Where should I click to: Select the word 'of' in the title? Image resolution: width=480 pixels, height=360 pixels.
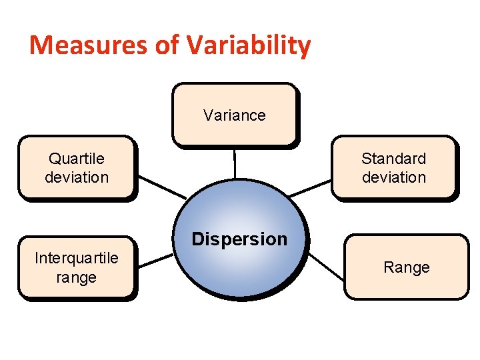pyautogui.click(x=168, y=45)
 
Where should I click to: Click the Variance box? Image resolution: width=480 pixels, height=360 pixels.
pyautogui.click(x=234, y=114)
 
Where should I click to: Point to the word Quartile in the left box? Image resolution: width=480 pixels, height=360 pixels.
pyautogui.click(x=77, y=159)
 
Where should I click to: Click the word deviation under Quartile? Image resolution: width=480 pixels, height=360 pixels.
pyautogui.click(x=77, y=177)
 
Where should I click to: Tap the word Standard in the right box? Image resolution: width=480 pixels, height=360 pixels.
pyautogui.click(x=393, y=159)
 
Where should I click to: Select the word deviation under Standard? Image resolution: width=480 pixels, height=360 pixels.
pyautogui.click(x=393, y=177)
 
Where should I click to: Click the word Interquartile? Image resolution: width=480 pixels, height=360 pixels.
pyautogui.click(x=77, y=258)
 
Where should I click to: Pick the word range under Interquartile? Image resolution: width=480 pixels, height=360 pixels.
pyautogui.click(x=77, y=277)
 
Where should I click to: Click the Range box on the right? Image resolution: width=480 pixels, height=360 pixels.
pyautogui.click(x=406, y=267)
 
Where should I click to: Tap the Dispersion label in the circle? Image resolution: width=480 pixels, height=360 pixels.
pyautogui.click(x=239, y=239)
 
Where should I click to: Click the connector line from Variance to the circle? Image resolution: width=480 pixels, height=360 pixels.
pyautogui.click(x=235, y=163)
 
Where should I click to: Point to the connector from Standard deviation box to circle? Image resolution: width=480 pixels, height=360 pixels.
pyautogui.click(x=311, y=188)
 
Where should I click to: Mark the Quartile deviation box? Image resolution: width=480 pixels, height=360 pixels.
pyautogui.click(x=76, y=167)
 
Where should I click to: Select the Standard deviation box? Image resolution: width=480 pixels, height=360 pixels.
pyautogui.click(x=394, y=167)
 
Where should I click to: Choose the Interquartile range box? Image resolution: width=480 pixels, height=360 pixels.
pyautogui.click(x=76, y=267)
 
